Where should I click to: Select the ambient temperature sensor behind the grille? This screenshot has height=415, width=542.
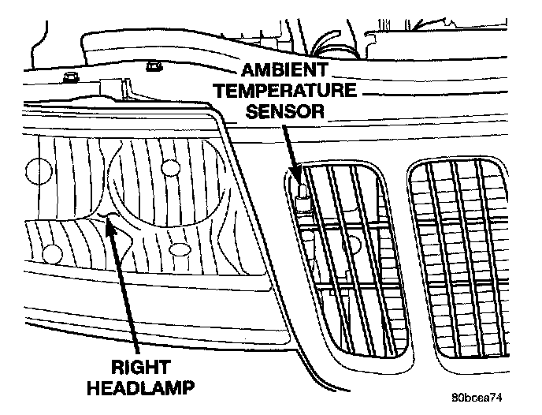(303, 193)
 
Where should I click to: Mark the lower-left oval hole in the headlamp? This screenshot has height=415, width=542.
(53, 254)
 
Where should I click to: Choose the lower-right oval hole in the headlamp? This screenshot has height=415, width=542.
(179, 250)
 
